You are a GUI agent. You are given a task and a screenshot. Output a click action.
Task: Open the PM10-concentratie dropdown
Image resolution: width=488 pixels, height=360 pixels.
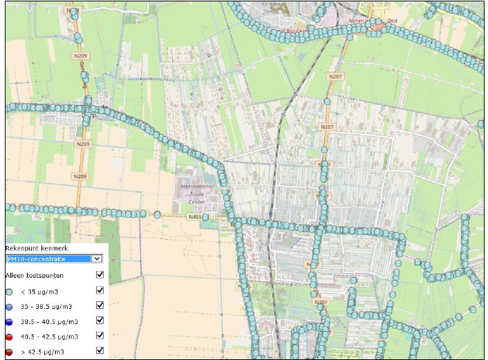click(48, 258)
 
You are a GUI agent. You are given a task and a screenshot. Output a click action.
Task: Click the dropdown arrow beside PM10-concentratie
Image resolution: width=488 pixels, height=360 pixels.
click(97, 258)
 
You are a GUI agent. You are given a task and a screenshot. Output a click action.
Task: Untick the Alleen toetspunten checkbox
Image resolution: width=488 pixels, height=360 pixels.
click(100, 274)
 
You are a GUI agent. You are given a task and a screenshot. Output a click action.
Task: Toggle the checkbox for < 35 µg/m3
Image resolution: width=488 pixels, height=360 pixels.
click(100, 290)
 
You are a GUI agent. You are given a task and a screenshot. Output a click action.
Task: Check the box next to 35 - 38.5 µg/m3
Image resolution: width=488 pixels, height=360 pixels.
click(100, 305)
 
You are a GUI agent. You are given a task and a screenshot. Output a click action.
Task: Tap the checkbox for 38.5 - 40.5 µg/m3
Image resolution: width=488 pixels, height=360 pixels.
click(100, 321)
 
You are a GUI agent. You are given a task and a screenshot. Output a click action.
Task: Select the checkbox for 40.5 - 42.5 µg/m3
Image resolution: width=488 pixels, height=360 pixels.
click(100, 336)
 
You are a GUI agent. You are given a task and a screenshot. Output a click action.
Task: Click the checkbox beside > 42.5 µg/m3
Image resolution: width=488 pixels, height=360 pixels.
click(100, 350)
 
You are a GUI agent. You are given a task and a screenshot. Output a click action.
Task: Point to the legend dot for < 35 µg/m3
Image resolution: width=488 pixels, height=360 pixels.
click(10, 291)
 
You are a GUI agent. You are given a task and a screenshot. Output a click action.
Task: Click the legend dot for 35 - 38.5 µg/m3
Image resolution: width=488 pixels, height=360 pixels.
click(10, 306)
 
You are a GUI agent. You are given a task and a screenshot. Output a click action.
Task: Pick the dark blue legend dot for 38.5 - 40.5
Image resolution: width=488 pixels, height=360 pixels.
click(10, 321)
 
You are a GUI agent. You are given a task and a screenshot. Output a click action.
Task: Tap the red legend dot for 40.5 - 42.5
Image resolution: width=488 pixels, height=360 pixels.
click(10, 337)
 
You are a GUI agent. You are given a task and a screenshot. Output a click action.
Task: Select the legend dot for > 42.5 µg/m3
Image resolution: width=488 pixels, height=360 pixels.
click(10, 352)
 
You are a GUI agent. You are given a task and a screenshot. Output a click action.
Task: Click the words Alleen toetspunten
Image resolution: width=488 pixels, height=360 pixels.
click(35, 275)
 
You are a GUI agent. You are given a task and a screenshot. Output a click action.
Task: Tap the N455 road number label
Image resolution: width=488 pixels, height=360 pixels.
click(196, 216)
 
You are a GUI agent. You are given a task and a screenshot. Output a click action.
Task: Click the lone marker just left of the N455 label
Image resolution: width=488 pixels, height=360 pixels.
click(158, 215)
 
